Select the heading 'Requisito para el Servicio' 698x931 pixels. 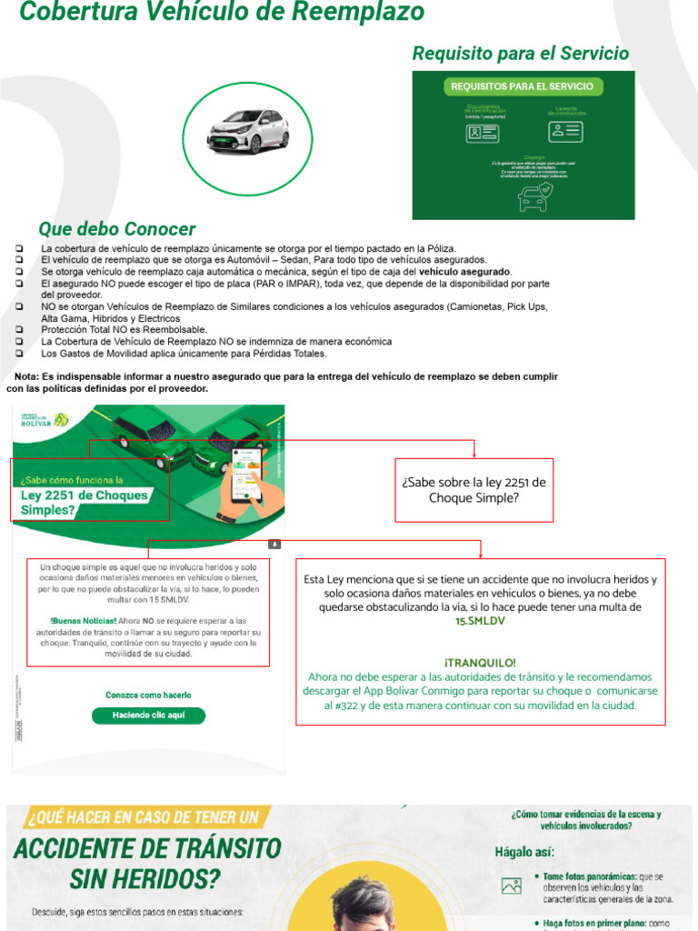coord(520,54)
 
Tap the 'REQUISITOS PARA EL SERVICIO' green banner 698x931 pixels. coord(522,86)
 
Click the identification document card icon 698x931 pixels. coord(478,133)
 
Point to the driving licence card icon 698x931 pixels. coord(565,131)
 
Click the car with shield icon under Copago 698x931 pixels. coord(534,197)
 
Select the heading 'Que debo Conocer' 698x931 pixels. coord(116,228)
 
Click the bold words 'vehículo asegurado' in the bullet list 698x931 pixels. coord(464,272)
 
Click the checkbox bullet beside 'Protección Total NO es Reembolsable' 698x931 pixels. coord(20,330)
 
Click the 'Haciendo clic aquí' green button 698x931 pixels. coord(148,716)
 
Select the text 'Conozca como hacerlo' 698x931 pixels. coord(148,696)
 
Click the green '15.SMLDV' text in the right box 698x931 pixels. coord(480,620)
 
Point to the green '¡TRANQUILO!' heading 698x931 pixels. coord(480,663)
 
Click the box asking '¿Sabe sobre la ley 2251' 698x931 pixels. coord(474,490)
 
